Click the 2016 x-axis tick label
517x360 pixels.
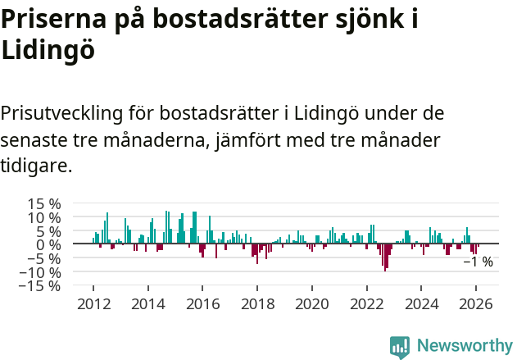(202, 303)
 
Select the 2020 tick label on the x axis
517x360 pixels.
(312, 303)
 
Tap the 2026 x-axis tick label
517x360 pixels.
(477, 303)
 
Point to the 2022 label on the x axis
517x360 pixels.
(367, 303)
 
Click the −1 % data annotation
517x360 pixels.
(478, 262)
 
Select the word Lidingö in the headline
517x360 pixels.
(48, 51)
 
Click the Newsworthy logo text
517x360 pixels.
(464, 346)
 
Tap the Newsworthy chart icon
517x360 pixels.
(400, 347)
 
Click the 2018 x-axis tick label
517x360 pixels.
(257, 303)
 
